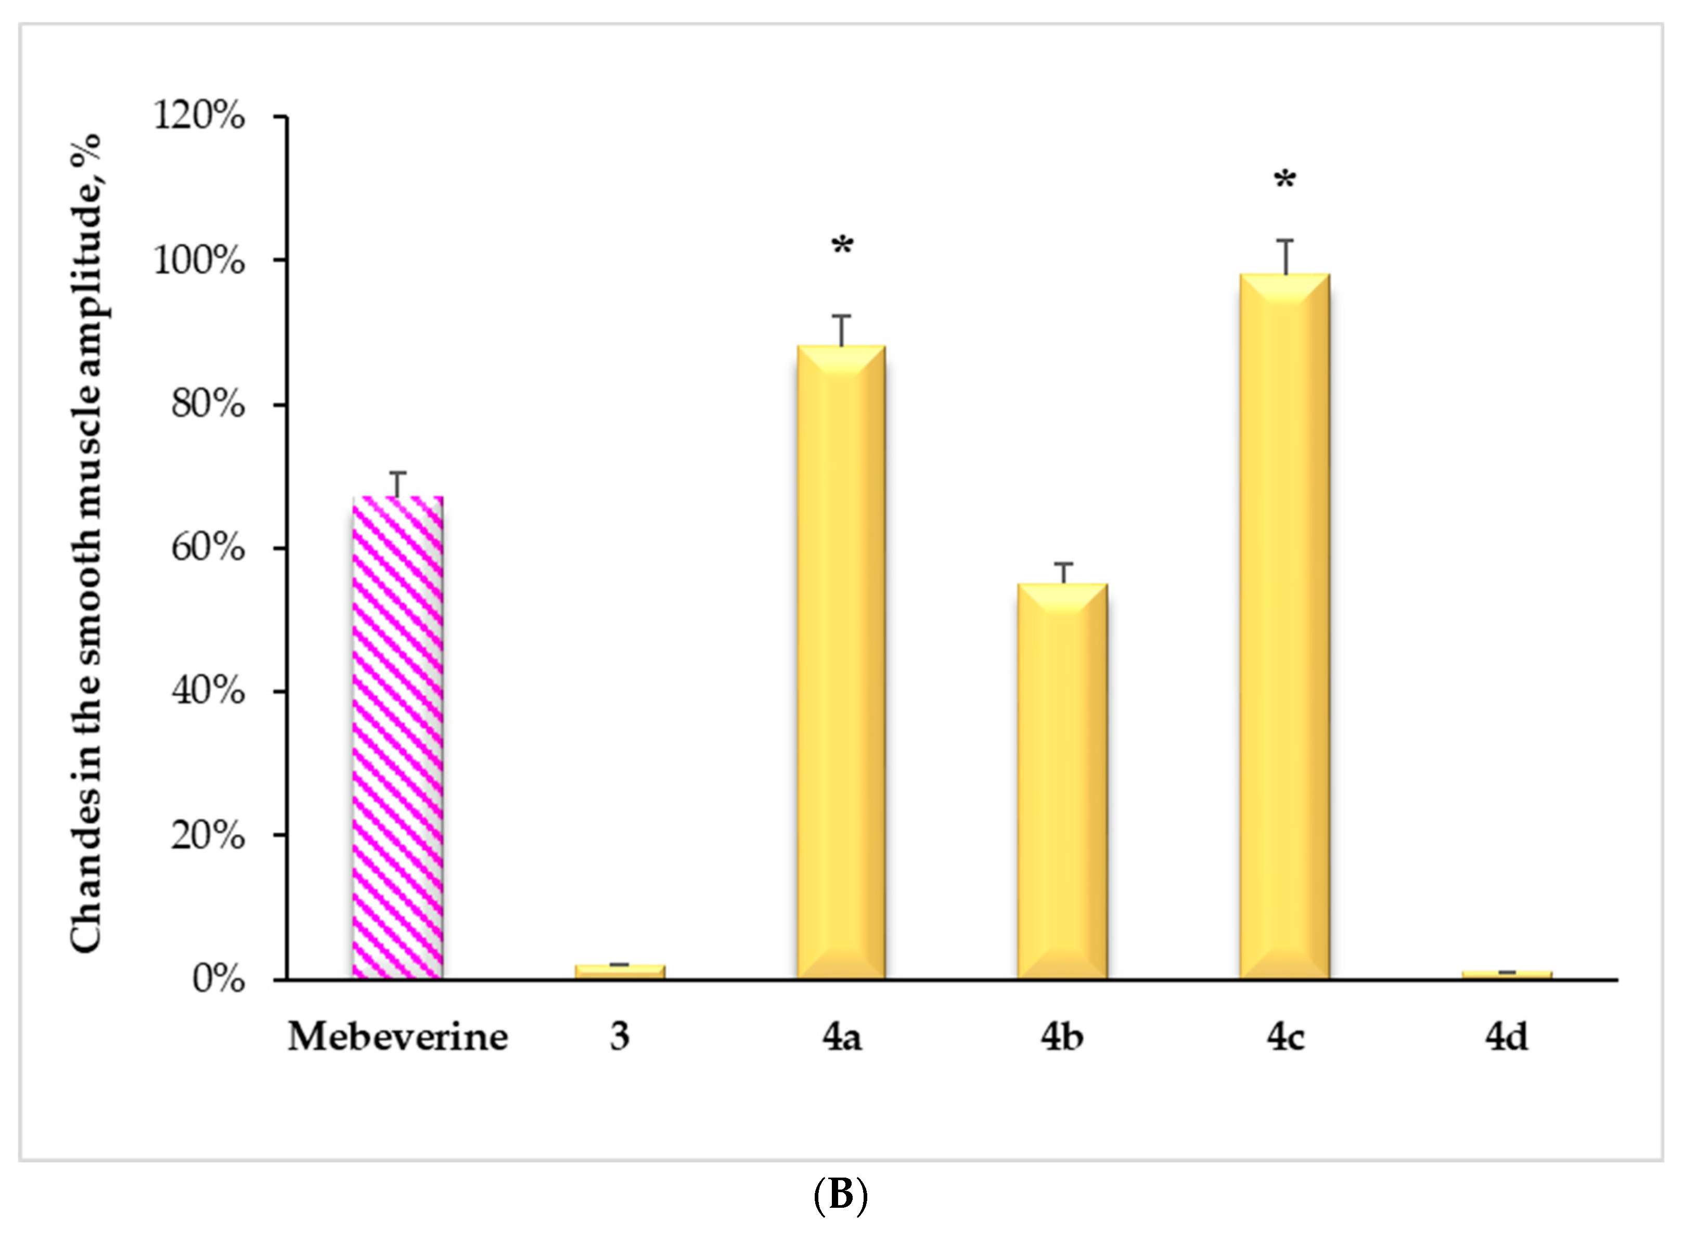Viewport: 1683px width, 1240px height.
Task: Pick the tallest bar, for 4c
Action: (1284, 626)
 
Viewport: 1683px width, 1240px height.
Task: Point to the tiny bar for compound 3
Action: (619, 971)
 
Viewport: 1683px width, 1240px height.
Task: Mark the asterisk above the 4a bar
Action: (842, 246)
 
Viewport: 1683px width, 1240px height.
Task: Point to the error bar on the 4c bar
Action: (1286, 257)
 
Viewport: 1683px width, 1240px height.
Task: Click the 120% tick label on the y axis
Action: (199, 117)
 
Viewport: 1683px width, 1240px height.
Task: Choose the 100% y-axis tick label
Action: (199, 261)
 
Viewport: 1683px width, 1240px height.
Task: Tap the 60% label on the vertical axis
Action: (208, 548)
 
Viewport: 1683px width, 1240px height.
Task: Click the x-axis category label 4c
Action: (1285, 1037)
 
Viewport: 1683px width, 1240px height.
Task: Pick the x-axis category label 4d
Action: (1506, 1037)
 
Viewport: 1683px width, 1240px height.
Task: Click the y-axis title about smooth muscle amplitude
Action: (85, 544)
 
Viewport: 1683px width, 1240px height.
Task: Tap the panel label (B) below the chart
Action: (841, 1195)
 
